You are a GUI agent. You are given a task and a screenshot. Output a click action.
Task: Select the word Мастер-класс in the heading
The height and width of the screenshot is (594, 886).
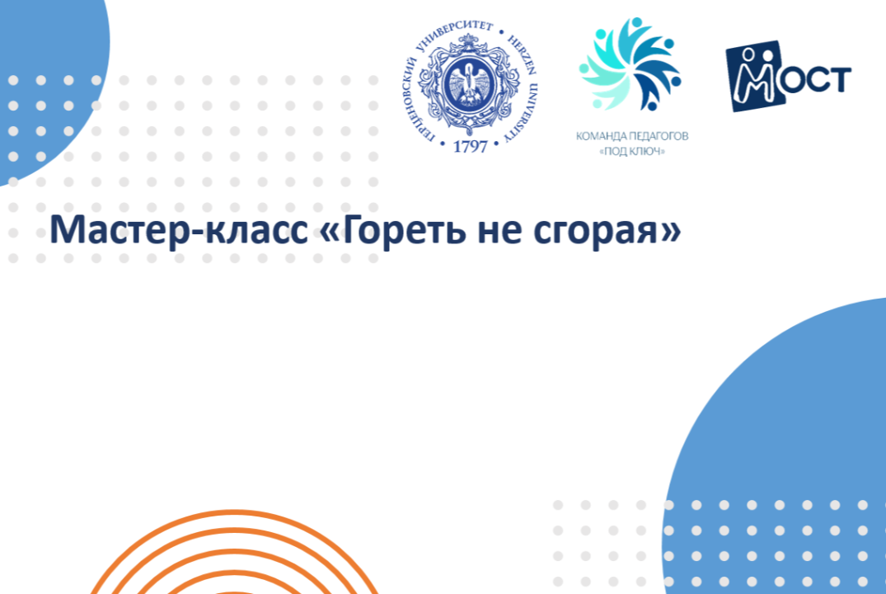pyautogui.click(x=179, y=229)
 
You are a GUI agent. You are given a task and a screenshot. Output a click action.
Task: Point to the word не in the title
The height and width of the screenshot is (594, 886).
pyautogui.click(x=499, y=232)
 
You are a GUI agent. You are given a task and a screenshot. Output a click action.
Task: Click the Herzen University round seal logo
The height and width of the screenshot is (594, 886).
pyautogui.click(x=470, y=86)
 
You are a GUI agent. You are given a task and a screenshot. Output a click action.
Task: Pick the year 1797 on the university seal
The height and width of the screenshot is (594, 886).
pyautogui.click(x=470, y=147)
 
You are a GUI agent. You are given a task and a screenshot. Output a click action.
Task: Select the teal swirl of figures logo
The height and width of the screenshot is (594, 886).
pyautogui.click(x=631, y=64)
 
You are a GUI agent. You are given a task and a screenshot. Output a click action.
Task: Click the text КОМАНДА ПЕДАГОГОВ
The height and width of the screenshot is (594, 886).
pyautogui.click(x=631, y=136)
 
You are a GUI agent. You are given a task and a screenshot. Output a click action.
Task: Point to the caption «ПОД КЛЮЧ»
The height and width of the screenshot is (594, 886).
pyautogui.click(x=631, y=151)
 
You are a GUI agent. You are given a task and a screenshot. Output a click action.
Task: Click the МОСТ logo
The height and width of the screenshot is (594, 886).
pyautogui.click(x=788, y=76)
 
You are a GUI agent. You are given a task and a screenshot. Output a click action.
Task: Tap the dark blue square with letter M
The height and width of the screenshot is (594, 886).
pyautogui.click(x=755, y=76)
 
